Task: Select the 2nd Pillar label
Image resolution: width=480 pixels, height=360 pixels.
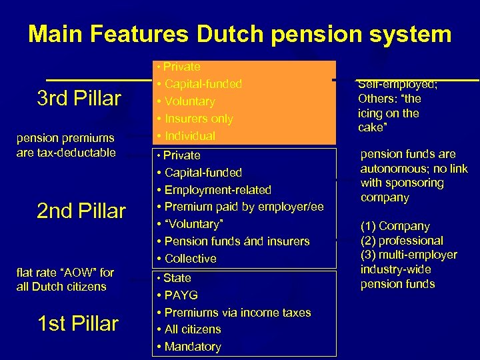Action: coord(81,211)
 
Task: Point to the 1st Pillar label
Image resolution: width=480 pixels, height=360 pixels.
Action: coord(79,324)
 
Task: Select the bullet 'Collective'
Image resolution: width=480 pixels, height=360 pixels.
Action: coord(190,259)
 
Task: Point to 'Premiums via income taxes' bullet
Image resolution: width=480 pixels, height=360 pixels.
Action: coord(237,313)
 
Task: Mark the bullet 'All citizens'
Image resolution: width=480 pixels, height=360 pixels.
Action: coord(192,329)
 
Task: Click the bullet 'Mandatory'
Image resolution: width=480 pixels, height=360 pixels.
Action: coord(192,347)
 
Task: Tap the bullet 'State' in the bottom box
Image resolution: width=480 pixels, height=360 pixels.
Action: coord(177,278)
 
